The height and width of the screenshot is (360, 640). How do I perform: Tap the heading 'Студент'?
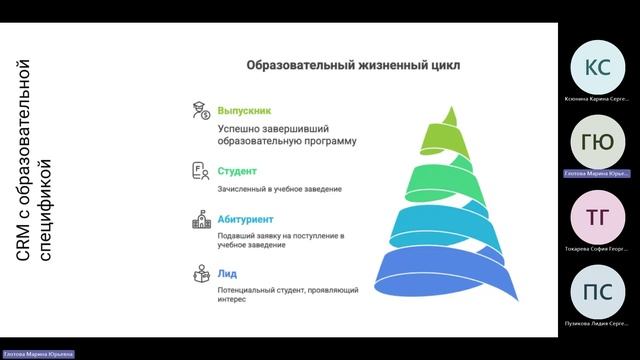tap(237, 171)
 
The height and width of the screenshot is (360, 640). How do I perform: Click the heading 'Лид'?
tap(227, 272)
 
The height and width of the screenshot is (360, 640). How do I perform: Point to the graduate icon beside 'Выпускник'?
tap(200, 110)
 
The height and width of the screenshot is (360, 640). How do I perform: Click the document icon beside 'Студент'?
tap(200, 172)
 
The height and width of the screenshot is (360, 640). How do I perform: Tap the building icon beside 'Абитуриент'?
tap(200, 219)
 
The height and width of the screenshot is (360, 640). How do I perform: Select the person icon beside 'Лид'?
tap(200, 273)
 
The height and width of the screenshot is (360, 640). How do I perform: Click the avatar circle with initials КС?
tap(597, 68)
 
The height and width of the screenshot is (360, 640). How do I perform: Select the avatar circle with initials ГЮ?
tap(597, 143)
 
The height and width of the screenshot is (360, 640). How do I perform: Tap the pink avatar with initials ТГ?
tap(597, 218)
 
